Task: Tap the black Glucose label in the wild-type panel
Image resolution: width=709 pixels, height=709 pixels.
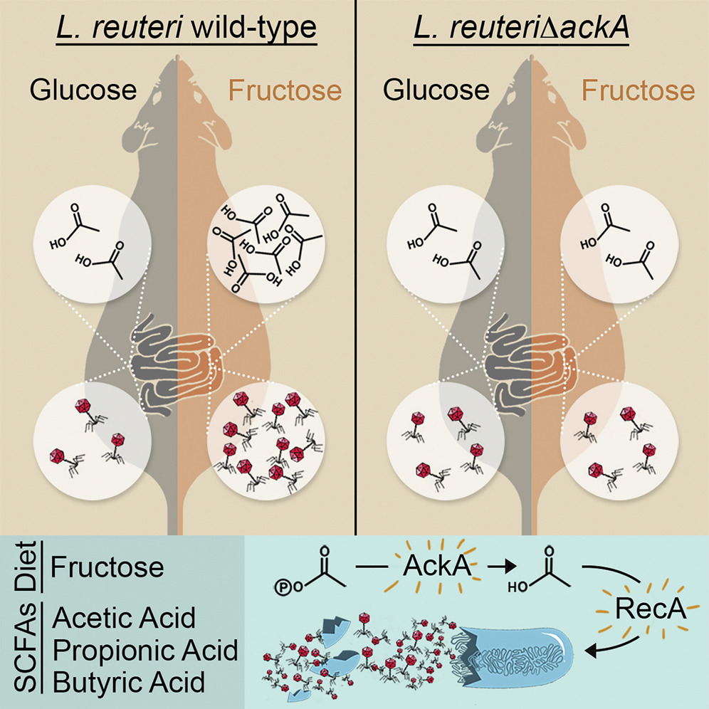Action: click(x=83, y=90)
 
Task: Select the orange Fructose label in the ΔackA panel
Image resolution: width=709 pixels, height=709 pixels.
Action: click(x=638, y=90)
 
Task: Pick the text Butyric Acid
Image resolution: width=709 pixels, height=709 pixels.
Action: click(x=129, y=683)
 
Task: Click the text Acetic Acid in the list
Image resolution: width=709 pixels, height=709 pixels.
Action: click(x=124, y=617)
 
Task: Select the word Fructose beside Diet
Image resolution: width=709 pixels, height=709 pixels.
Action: click(x=107, y=567)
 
